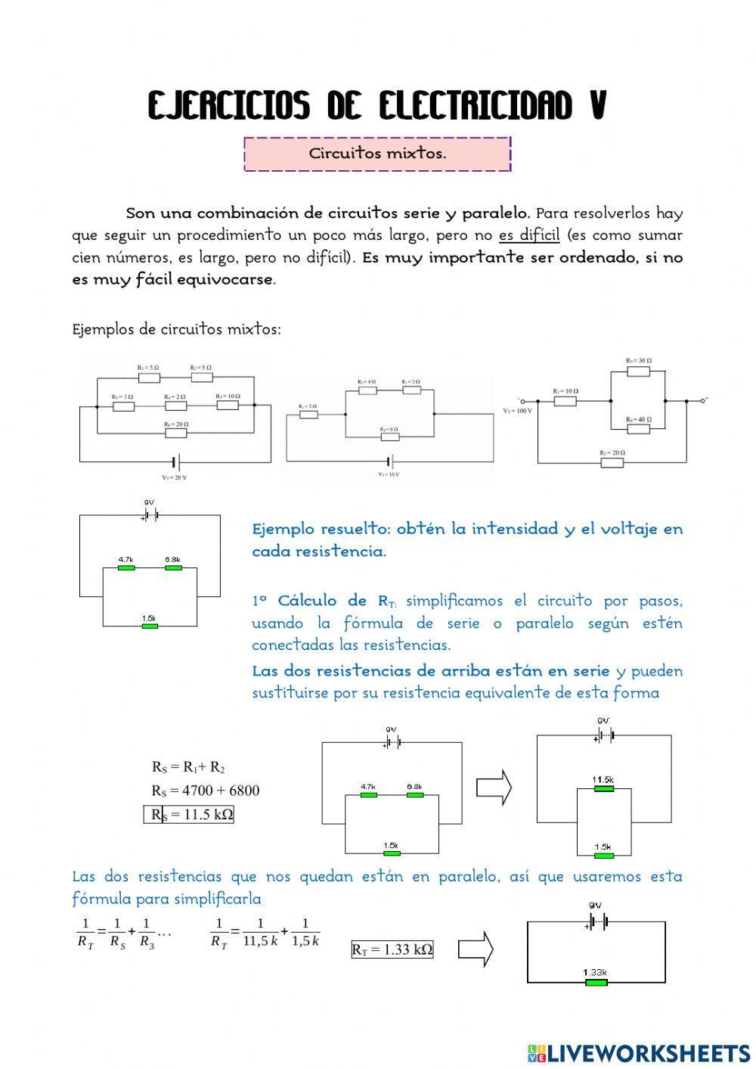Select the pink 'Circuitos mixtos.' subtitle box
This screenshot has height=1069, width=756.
click(377, 154)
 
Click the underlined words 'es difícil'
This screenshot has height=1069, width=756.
click(528, 235)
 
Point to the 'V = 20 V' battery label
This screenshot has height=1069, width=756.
click(175, 477)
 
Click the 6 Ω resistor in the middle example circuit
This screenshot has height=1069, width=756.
click(389, 437)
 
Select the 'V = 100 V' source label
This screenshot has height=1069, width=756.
click(517, 411)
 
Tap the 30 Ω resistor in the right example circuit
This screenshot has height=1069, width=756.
click(639, 370)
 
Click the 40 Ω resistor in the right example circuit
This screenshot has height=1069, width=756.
click(639, 429)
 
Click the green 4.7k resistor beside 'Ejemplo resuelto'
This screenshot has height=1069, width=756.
click(125, 567)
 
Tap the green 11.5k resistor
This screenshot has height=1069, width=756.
click(603, 788)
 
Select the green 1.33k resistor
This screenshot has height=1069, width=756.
click(595, 981)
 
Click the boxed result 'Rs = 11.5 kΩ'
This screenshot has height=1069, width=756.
click(189, 814)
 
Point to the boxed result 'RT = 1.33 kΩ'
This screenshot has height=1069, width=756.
click(392, 949)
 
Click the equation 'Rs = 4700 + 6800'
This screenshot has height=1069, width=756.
click(205, 791)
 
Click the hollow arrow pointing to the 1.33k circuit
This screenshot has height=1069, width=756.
click(476, 948)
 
